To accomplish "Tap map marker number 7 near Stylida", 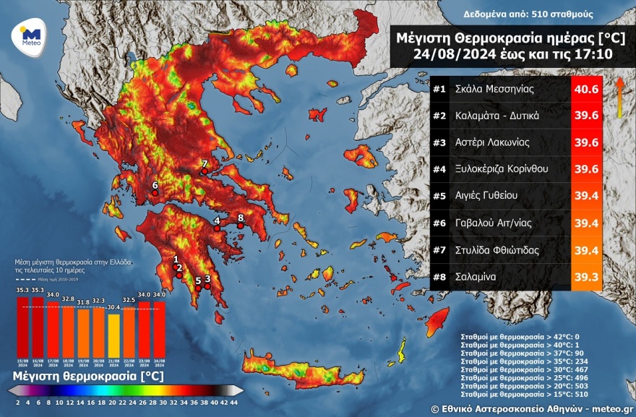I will (x=205, y=171).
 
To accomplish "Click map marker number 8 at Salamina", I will (x=241, y=225).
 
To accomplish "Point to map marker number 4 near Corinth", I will (x=216, y=228).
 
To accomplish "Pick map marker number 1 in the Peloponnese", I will (x=176, y=266).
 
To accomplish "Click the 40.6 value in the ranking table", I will (x=585, y=90).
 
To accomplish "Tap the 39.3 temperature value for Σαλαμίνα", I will (x=585, y=277).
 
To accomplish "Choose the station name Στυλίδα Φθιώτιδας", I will (x=496, y=250).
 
